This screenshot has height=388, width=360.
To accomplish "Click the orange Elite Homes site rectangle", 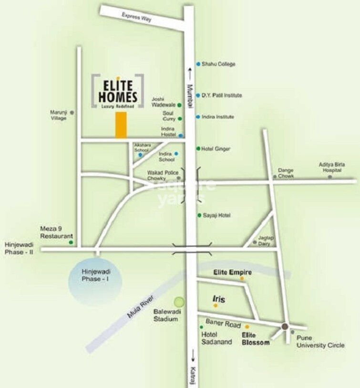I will (121, 126).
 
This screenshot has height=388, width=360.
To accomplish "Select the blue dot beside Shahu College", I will (198, 64).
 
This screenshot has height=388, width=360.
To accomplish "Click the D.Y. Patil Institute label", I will (221, 95).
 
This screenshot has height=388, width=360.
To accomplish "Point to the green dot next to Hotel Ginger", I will (198, 149).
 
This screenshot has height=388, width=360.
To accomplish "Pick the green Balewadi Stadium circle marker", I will (179, 302).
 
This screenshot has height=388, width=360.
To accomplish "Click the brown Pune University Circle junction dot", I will (285, 326).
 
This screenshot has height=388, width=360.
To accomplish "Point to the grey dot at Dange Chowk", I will (275, 177).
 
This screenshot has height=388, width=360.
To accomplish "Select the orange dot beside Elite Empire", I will (242, 278).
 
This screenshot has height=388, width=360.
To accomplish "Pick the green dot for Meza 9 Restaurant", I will (71, 242).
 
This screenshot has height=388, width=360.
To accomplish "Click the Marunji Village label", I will (59, 115).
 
